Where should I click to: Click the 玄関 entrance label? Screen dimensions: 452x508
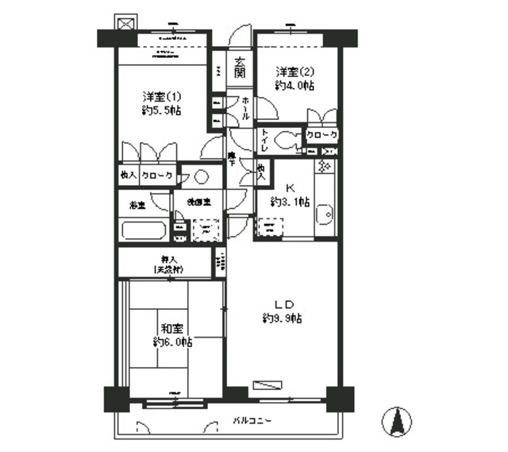click(240, 68)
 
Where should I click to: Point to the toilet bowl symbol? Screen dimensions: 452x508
click(284, 141)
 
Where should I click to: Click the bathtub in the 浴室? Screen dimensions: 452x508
click(144, 231)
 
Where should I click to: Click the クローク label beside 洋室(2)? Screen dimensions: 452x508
click(322, 136)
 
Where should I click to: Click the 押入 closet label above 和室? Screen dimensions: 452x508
click(165, 259)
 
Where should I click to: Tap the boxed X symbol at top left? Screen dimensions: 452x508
click(125, 22)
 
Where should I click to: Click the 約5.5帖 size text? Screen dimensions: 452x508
click(158, 110)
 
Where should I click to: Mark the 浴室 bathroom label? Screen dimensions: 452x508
click(138, 205)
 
